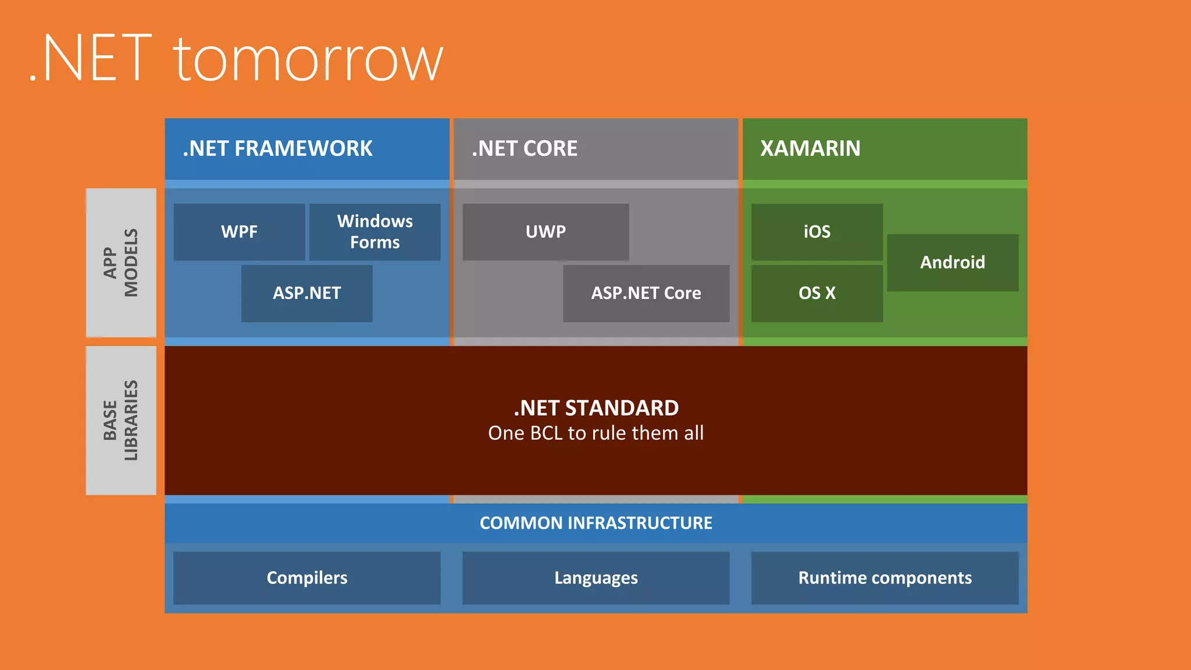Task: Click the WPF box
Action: pyautogui.click(x=239, y=231)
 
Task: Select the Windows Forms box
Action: pyautogui.click(x=375, y=231)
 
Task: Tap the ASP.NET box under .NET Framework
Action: pyautogui.click(x=306, y=293)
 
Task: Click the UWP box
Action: pyautogui.click(x=545, y=231)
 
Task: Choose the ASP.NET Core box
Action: pyautogui.click(x=646, y=293)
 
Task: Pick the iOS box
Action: pyautogui.click(x=816, y=231)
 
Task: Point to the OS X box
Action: pyautogui.click(x=816, y=293)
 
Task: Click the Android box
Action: pyautogui.click(x=952, y=262)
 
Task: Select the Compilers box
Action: pyautogui.click(x=306, y=578)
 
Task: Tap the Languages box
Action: pyautogui.click(x=595, y=578)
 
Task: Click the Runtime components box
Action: pyautogui.click(x=885, y=578)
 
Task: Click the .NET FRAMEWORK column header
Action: pyautogui.click(x=278, y=149)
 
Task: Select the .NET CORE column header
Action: pyautogui.click(x=525, y=149)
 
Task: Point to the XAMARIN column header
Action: pyautogui.click(x=810, y=149)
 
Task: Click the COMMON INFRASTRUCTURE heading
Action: pyautogui.click(x=595, y=523)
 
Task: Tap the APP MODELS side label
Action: pyautogui.click(x=121, y=262)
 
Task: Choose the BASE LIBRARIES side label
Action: pyautogui.click(x=121, y=420)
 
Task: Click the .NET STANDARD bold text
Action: pyautogui.click(x=595, y=408)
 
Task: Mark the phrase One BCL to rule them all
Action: pyautogui.click(x=595, y=433)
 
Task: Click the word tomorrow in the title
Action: pyautogui.click(x=308, y=59)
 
